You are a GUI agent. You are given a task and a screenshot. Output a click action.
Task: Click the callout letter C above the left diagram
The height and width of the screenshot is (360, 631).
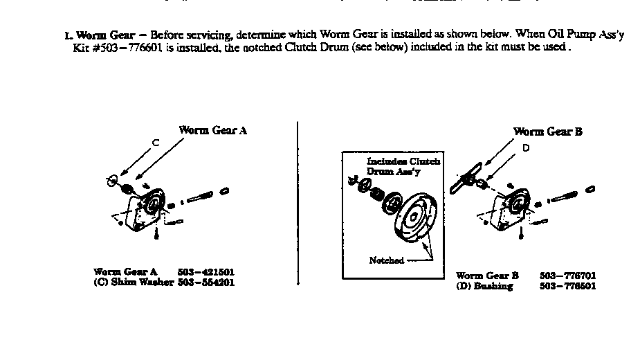click(x=156, y=143)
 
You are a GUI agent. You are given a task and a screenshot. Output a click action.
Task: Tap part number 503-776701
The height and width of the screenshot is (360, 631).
click(x=567, y=276)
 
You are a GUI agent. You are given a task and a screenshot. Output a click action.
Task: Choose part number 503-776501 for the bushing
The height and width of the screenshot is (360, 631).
click(x=567, y=286)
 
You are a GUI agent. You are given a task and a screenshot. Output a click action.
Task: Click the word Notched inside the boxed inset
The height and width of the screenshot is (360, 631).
click(x=386, y=260)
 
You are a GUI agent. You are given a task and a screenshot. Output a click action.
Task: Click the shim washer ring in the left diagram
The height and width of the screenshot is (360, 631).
click(x=111, y=181)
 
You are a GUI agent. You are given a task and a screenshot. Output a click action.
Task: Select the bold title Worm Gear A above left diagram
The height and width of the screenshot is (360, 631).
click(x=212, y=130)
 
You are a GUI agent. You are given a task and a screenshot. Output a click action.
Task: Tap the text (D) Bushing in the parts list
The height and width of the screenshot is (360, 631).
click(x=484, y=286)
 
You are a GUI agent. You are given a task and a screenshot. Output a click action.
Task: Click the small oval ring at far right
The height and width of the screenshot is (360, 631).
click(x=592, y=188)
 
